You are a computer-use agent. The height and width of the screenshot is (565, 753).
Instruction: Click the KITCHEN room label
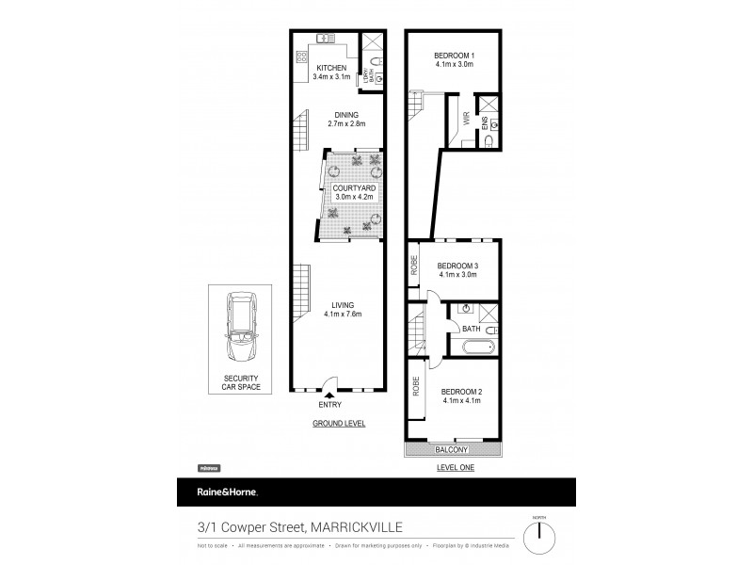click(331, 68)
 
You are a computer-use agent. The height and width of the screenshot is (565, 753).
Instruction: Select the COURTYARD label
click(354, 189)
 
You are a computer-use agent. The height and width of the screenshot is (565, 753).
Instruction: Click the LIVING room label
click(340, 303)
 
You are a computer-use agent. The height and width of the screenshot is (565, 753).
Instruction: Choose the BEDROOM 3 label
click(457, 266)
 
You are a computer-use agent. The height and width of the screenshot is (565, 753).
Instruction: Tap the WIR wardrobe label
click(466, 120)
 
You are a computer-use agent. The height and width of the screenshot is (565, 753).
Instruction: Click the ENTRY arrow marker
click(328, 395)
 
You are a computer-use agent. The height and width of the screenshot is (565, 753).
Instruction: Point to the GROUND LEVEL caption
click(339, 424)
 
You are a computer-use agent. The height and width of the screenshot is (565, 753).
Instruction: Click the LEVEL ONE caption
click(455, 466)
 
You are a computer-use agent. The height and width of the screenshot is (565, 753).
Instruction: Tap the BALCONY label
click(454, 450)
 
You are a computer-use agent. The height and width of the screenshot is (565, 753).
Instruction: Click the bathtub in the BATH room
click(479, 348)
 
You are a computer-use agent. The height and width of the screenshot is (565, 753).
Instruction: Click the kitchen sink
click(327, 39)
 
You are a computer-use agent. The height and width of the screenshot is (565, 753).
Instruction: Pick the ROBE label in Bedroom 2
click(415, 385)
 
